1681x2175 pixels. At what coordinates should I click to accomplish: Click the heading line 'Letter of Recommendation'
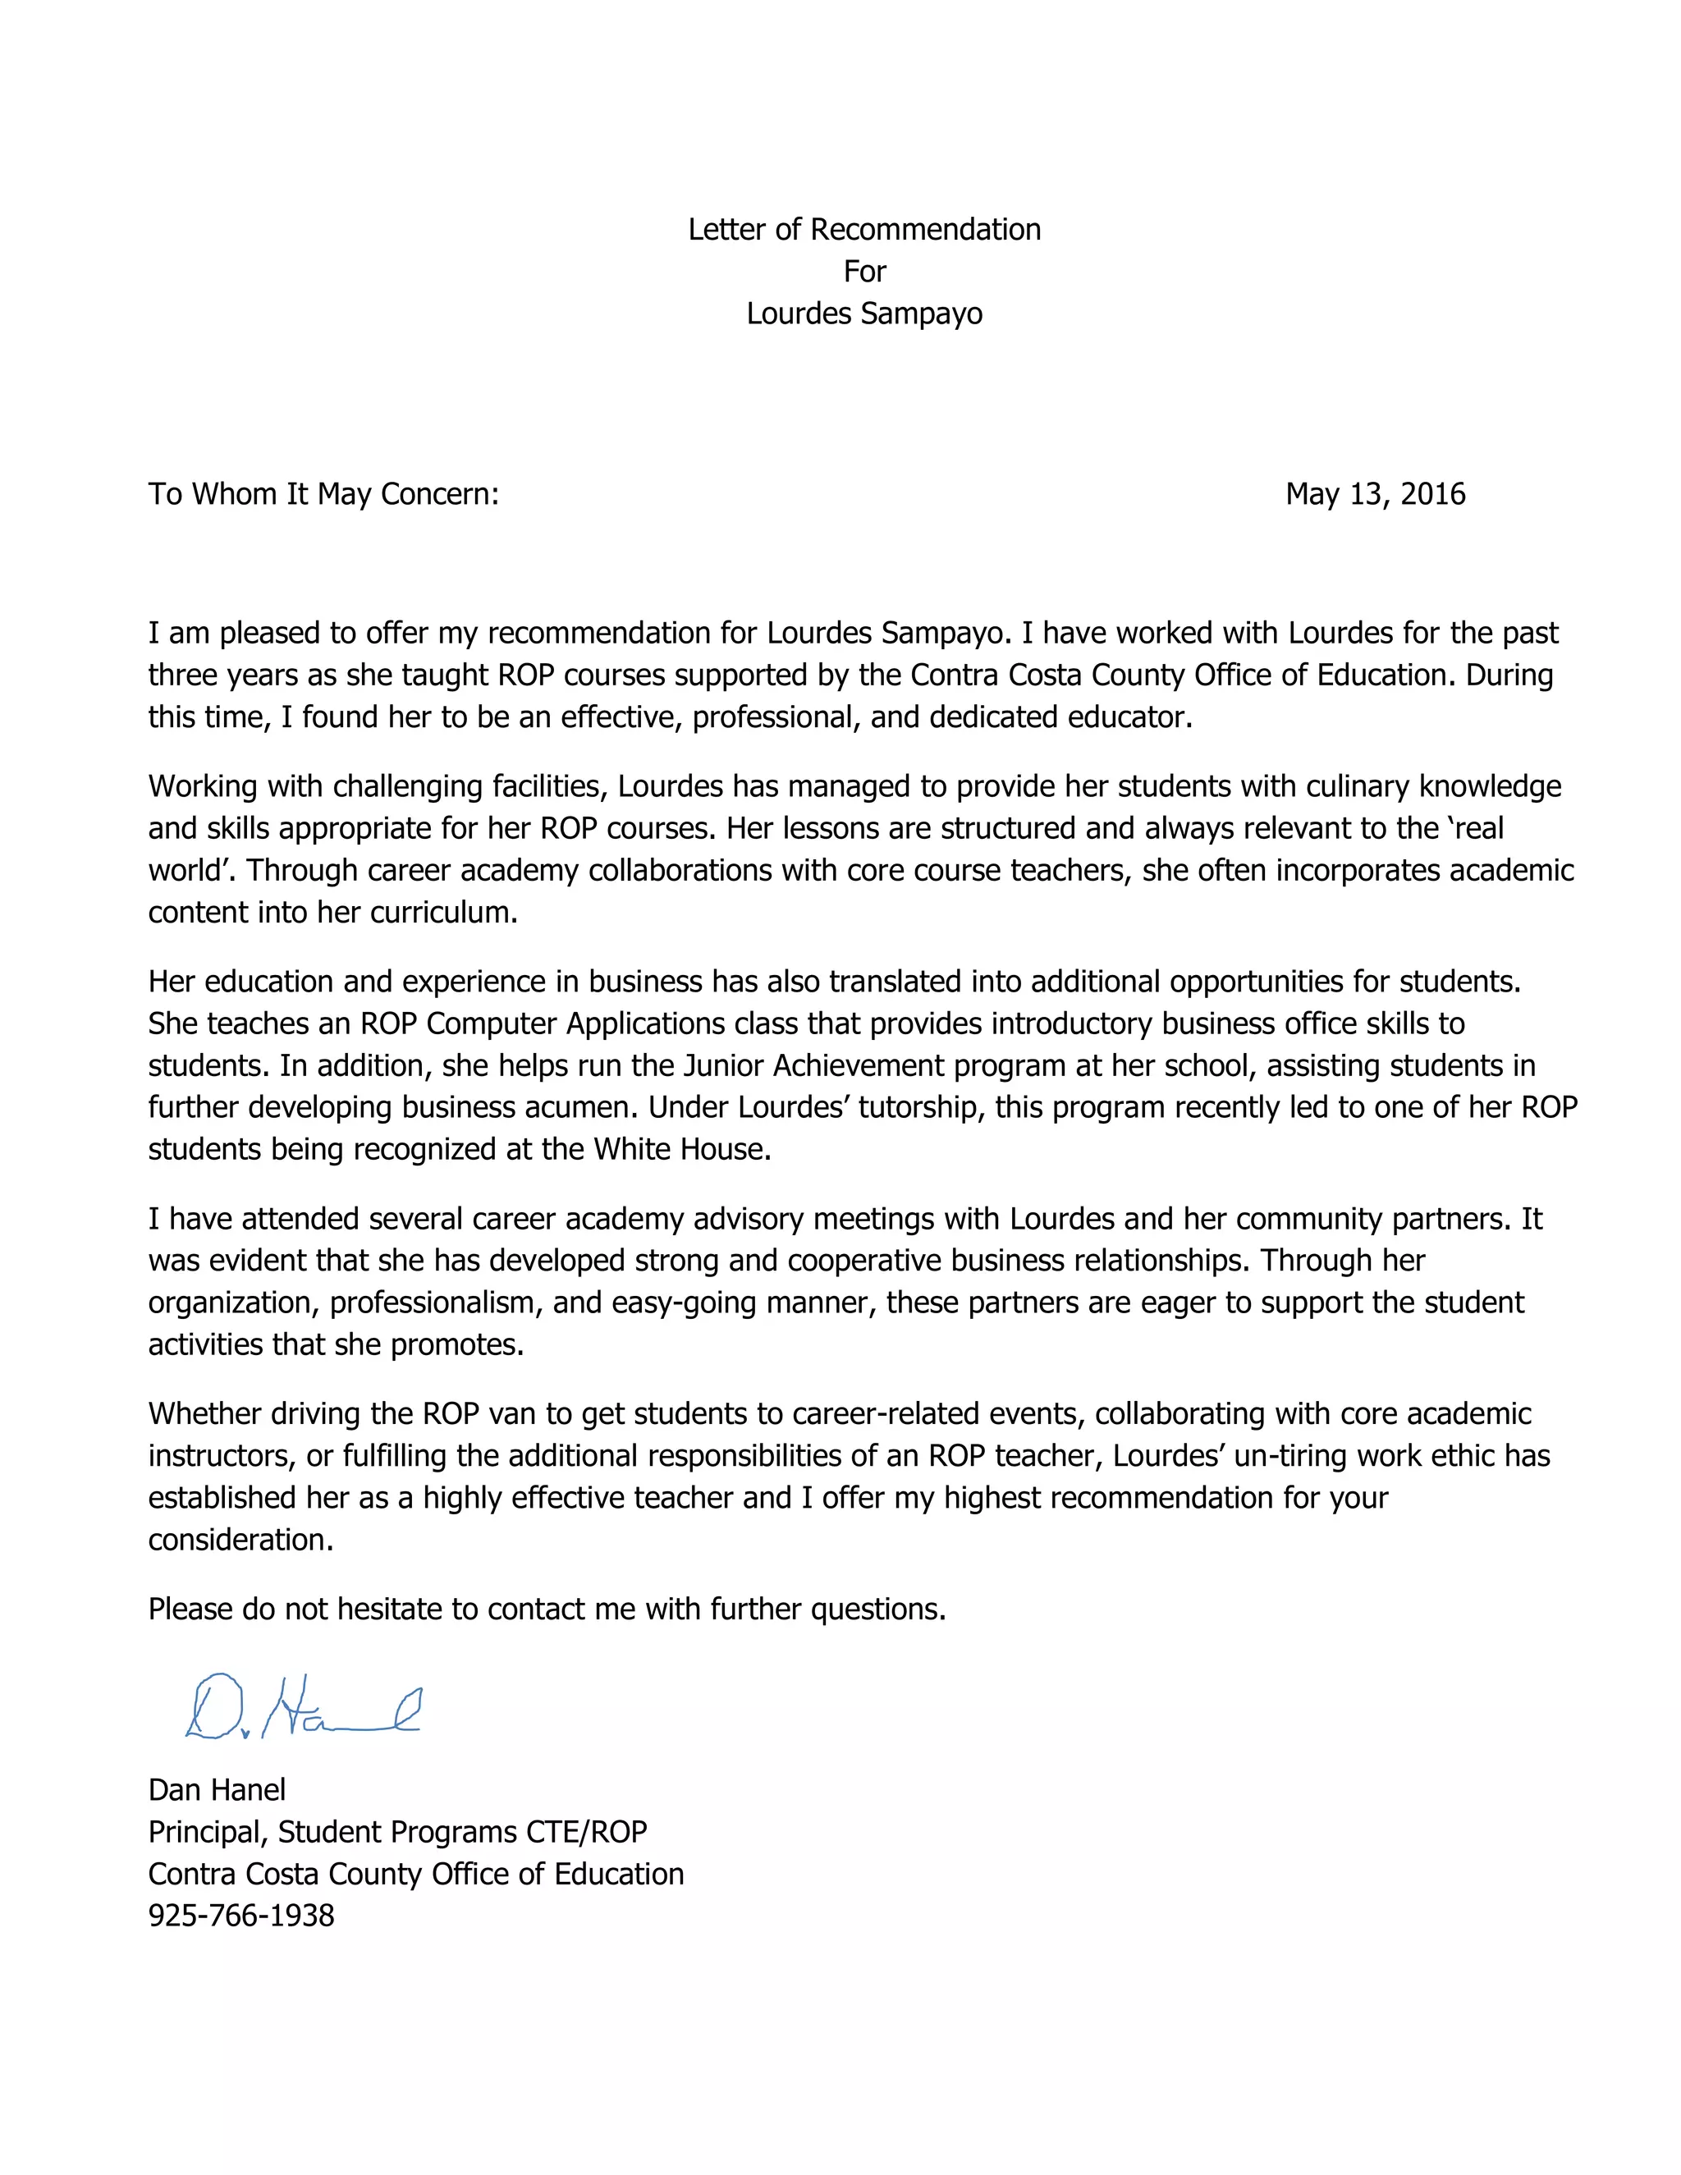[863, 230]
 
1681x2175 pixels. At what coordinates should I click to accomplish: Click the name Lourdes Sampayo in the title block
[863, 314]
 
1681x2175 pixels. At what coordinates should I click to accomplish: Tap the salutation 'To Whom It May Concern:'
[323, 494]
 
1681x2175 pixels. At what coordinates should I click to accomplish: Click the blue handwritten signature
[302, 1709]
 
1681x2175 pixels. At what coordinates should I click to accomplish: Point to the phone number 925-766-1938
[241, 1915]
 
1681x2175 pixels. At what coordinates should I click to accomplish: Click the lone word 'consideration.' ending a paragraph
[241, 1540]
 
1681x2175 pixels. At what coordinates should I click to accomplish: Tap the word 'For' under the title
[863, 272]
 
